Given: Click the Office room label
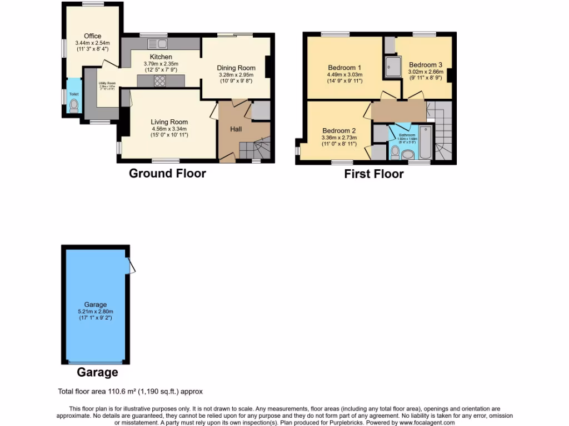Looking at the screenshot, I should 93,36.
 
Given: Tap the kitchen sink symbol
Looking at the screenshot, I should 157,44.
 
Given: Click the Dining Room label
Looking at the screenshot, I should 235,68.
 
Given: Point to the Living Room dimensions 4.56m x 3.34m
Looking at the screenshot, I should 169,129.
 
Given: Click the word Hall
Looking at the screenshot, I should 236,129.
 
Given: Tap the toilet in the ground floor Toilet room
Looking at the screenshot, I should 74,105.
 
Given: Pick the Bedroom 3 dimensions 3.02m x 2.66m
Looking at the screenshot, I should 426,72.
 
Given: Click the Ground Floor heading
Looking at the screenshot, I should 167,173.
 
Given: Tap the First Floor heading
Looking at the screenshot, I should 373,174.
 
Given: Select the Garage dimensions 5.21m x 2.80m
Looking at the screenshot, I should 95,312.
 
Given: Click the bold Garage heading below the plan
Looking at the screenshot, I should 97,372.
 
